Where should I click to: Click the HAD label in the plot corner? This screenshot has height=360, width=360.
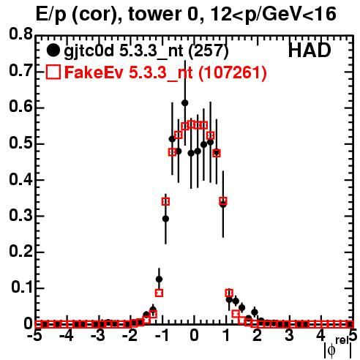pos(310,50)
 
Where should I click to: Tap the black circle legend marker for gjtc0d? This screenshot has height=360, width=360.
pos(53,50)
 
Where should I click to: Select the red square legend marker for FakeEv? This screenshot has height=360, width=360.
pos(53,72)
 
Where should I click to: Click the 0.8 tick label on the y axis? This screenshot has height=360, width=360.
pos(21,34)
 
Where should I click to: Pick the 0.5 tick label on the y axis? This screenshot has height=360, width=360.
pos(21,143)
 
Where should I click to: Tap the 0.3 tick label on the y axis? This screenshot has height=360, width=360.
pos(21,215)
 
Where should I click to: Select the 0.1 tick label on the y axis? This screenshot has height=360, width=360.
pos(22,288)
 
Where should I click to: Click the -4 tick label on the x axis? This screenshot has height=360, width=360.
pos(67,336)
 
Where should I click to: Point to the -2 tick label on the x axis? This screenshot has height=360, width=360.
pos(130,336)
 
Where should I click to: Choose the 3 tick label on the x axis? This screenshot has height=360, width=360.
pos(289,336)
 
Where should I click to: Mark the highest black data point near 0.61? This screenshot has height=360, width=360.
pos(185,103)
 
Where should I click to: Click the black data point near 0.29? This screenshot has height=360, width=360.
pos(165,219)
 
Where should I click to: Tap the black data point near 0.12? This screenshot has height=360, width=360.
pos(159,279)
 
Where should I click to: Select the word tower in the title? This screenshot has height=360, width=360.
pos(154,14)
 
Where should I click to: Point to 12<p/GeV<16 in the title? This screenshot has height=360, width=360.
pos(273,15)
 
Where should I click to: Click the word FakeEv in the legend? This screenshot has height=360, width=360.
pos(94,72)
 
